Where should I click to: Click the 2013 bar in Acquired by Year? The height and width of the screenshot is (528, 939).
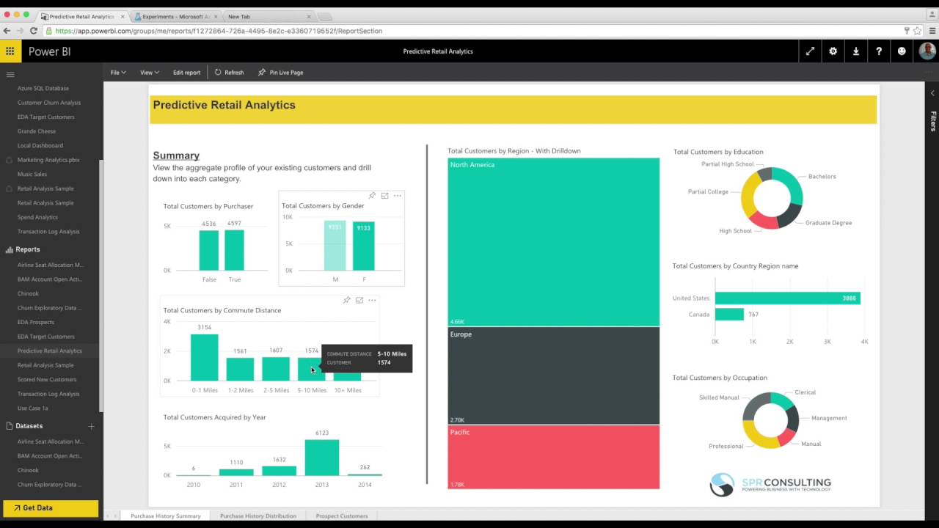click(x=321, y=458)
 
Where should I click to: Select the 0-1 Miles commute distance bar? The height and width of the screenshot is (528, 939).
click(x=204, y=358)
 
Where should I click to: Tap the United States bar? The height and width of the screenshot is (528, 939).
click(x=787, y=298)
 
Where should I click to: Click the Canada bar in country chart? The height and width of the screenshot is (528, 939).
click(x=729, y=314)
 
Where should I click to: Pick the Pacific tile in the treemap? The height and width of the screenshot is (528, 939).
click(x=553, y=457)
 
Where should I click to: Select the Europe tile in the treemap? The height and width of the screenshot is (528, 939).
click(x=553, y=375)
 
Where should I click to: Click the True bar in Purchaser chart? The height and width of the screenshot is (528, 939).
click(x=234, y=251)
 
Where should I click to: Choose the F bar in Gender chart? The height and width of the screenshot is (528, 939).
click(x=363, y=246)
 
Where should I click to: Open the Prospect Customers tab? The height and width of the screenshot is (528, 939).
click(x=342, y=516)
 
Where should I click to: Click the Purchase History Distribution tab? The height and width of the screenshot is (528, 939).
click(x=258, y=516)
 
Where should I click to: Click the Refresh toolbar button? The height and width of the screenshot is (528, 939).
click(x=229, y=73)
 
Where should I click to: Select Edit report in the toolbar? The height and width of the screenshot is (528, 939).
click(x=186, y=73)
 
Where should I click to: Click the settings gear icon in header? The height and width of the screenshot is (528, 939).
click(x=833, y=51)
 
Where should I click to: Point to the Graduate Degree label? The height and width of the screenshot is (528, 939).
click(x=828, y=223)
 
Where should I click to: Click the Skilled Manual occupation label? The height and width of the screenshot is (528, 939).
click(x=719, y=397)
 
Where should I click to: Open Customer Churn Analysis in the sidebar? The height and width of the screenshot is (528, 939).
click(x=49, y=103)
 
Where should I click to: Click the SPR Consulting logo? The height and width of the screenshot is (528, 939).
click(x=770, y=485)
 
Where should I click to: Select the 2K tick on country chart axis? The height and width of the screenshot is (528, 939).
click(x=789, y=342)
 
